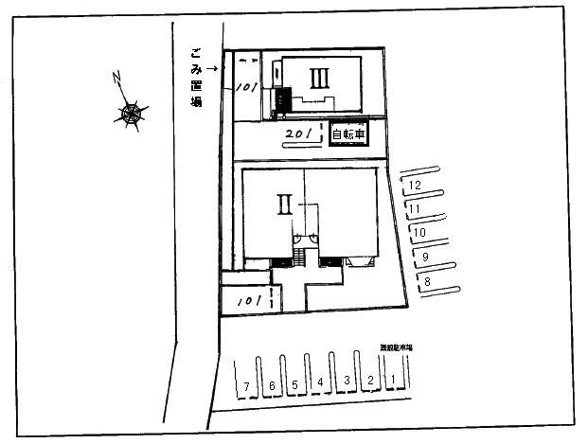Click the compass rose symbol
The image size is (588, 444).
(x=133, y=113)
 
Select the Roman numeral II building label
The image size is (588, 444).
(x=282, y=203)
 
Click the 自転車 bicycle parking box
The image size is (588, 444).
(x=347, y=135)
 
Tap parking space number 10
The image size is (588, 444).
(x=420, y=232)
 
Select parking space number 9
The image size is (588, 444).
(x=425, y=257)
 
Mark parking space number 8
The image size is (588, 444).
(x=428, y=281)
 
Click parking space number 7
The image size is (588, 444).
(x=247, y=385)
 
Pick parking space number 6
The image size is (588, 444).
(x=272, y=385)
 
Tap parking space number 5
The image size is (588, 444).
(x=295, y=384)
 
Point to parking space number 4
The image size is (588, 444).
(x=321, y=383)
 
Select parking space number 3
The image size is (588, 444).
(x=347, y=382)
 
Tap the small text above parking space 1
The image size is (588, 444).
(x=396, y=348)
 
